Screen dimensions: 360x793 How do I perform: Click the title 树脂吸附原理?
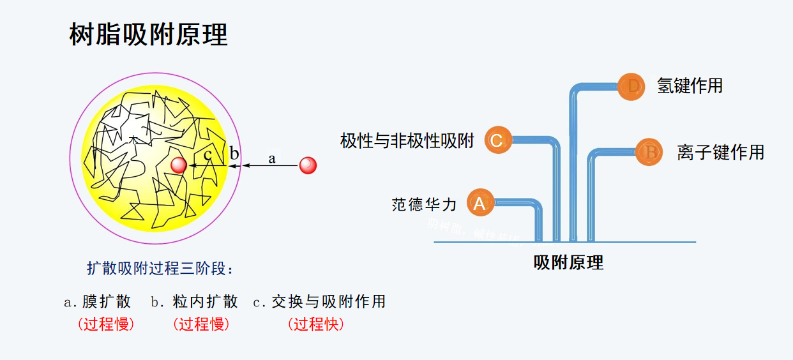coord(148,35)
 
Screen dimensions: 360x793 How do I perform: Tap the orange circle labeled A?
coord(480,204)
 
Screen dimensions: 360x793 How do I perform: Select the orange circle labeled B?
coord(649,153)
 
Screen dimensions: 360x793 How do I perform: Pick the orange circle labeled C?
coord(497,140)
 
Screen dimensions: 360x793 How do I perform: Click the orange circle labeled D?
coord(632,86)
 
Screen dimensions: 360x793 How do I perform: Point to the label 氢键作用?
coord(690,86)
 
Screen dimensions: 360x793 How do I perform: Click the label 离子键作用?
coord(720,152)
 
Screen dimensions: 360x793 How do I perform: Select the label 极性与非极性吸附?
coord(407,141)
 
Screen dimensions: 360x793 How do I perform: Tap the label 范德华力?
coord(425,204)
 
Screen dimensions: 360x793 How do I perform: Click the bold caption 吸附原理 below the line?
coord(568,262)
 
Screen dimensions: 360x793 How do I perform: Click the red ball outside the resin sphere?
coord(308,165)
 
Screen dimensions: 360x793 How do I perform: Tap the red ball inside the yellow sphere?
coord(179,165)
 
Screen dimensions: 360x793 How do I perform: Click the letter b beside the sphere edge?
coord(234,153)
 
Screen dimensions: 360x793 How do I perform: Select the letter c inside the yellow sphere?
coord(208,154)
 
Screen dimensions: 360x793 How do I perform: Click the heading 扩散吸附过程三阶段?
coord(160,268)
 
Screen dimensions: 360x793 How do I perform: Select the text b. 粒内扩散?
coord(194,301)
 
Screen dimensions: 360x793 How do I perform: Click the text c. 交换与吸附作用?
coord(319,301)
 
